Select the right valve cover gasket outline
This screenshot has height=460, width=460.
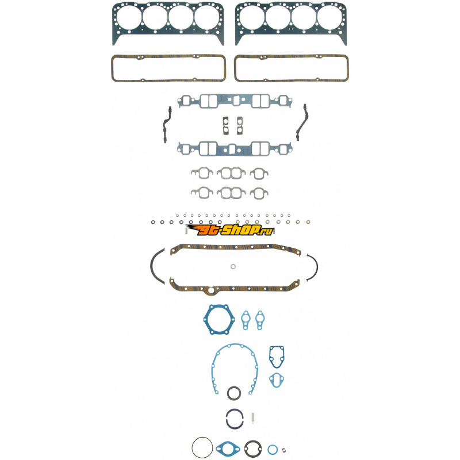292,56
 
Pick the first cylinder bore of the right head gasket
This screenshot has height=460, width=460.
252,17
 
